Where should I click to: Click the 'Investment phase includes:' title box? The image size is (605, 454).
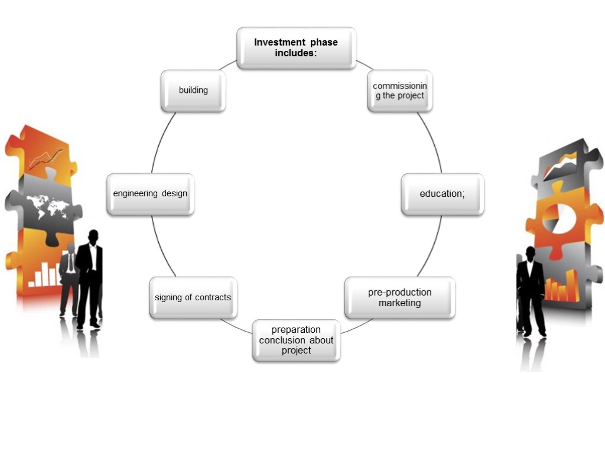(x=296, y=48)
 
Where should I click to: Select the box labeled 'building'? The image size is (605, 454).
(x=193, y=90)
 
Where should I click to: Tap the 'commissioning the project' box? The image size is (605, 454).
(x=399, y=90)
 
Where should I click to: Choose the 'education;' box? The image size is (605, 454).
(x=442, y=194)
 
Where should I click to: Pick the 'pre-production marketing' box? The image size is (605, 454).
(x=399, y=297)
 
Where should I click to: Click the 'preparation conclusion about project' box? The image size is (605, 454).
(x=296, y=340)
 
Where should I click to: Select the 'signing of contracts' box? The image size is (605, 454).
(x=193, y=297)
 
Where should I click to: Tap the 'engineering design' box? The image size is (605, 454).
(x=150, y=194)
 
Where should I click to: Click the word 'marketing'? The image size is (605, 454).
(x=400, y=303)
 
